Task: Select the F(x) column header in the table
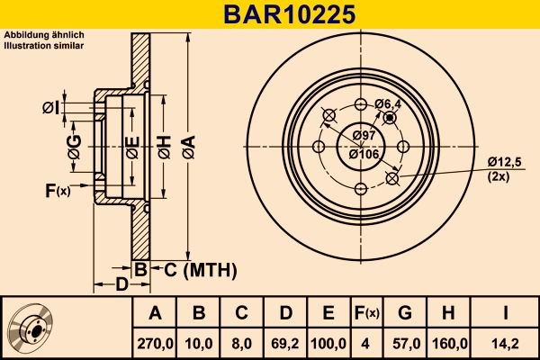tap(366, 312)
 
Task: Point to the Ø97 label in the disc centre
tap(364, 135)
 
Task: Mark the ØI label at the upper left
tap(50, 109)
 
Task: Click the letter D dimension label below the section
tap(121, 285)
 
